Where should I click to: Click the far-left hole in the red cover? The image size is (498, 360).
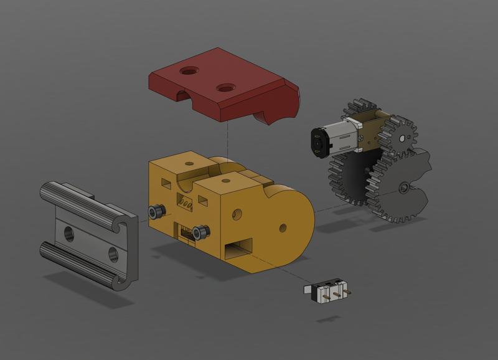click(x=187, y=72)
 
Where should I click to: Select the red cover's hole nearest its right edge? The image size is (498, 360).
click(x=224, y=88)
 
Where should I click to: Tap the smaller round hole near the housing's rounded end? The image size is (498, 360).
click(x=283, y=227)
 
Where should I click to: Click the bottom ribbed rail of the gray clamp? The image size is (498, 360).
click(x=81, y=265)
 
